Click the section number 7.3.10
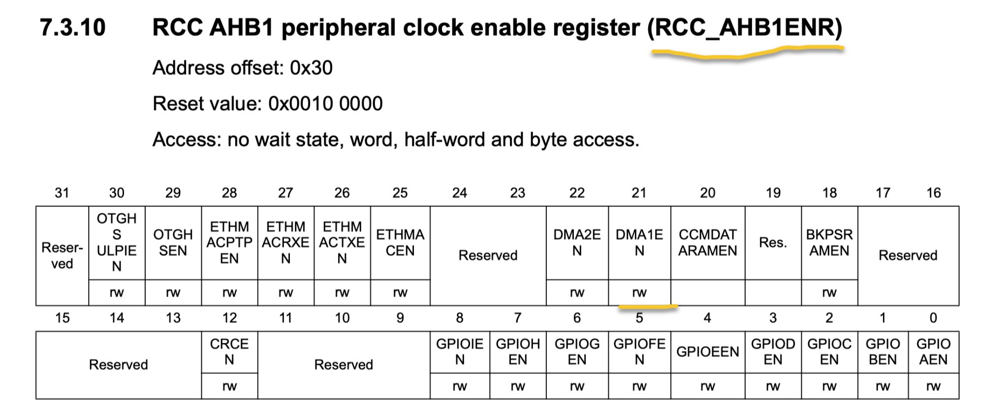[72, 28]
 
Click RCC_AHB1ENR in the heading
[745, 28]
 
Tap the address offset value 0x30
[311, 68]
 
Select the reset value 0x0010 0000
[325, 104]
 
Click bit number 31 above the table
[62, 193]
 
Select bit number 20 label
[708, 193]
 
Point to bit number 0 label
[933, 318]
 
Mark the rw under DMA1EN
[639, 293]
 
